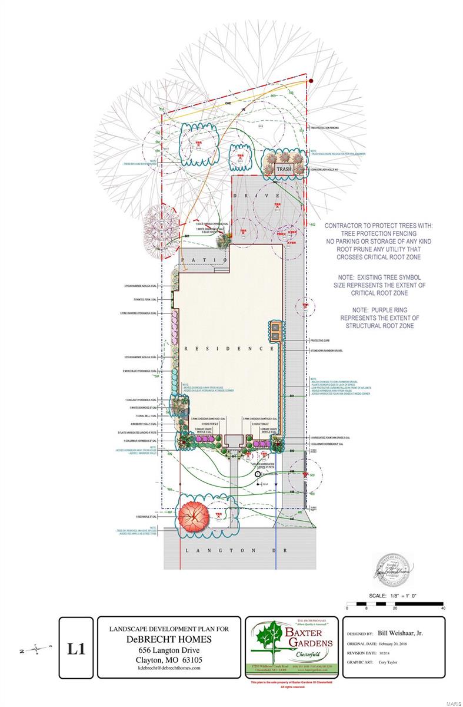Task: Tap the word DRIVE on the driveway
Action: click(267, 195)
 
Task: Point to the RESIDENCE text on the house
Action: click(229, 349)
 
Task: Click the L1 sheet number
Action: click(76, 649)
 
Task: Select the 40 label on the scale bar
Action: click(442, 608)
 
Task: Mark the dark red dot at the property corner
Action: click(311, 81)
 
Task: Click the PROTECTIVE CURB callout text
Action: click(321, 341)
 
